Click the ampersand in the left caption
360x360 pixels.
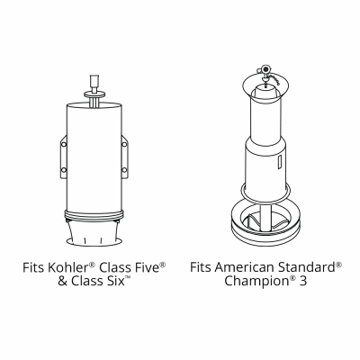tap(62, 282)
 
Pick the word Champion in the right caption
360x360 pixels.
tap(256, 282)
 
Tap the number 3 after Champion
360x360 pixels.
tap(303, 281)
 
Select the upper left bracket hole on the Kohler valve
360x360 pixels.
tap(64, 144)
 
